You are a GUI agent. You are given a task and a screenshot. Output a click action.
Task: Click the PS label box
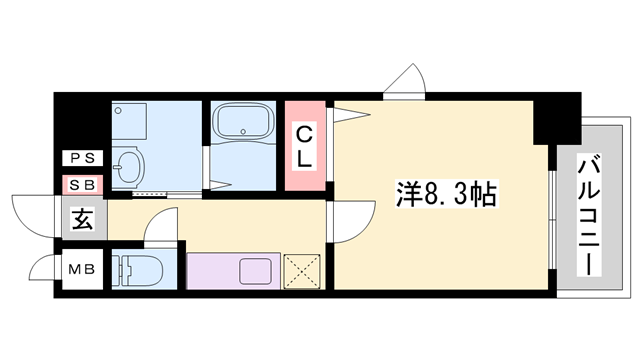click(81, 158)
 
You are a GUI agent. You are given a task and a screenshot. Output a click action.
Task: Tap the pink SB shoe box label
click(81, 185)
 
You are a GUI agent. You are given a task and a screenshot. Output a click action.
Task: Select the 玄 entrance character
click(82, 220)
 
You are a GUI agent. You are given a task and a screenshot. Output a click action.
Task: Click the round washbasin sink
click(127, 167)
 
